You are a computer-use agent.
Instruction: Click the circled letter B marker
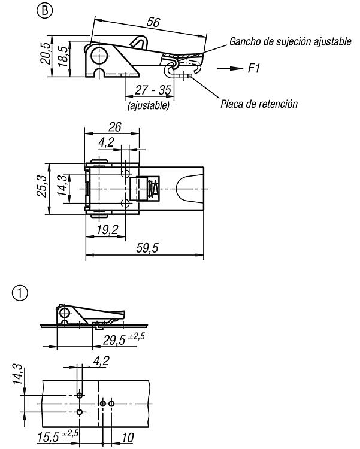point(44,11)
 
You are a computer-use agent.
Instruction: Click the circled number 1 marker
point(20,293)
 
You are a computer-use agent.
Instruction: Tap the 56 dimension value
point(153,22)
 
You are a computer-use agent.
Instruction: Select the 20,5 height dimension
point(46,53)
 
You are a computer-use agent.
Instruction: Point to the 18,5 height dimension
point(63,56)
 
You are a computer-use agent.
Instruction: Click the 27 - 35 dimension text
point(153,90)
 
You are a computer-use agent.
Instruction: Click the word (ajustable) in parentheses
point(149,105)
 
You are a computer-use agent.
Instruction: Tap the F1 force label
point(254,68)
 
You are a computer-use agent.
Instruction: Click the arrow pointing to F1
point(230,68)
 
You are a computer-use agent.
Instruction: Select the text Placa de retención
point(259,104)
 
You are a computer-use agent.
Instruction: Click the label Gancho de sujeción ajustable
point(291,41)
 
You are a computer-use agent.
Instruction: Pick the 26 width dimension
point(114,127)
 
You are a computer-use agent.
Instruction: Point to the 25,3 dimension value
point(41,186)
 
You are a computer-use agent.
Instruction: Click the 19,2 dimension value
point(107,229)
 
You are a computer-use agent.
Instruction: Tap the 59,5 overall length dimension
point(147,248)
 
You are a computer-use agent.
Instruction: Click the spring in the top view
point(153,189)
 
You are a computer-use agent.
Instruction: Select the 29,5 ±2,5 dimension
point(124,339)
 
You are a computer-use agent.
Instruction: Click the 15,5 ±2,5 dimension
point(58,436)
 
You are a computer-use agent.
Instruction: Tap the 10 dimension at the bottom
point(128,437)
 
